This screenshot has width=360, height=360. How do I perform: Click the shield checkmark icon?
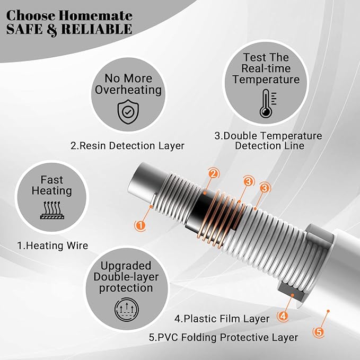[128, 111]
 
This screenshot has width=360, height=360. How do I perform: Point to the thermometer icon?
[266, 103]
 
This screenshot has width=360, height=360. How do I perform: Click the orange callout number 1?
[140, 225]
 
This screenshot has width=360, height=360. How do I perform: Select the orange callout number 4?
[283, 316]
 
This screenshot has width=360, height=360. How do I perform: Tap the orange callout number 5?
[319, 332]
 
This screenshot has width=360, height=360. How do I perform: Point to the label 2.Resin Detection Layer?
[127, 145]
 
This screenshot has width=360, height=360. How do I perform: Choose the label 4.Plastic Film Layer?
[222, 319]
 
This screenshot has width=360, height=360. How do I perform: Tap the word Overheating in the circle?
[128, 90]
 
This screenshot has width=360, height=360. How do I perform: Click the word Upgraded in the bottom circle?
[125, 266]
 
